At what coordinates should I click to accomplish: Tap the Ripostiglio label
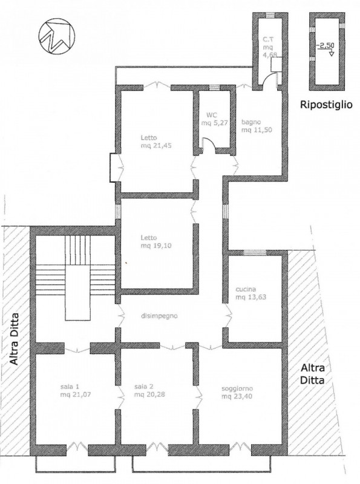[326, 105]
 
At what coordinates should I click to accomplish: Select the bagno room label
[251, 122]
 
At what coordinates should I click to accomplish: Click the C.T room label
[267, 39]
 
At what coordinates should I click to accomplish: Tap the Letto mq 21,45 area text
[156, 146]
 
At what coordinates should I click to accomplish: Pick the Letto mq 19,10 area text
[156, 246]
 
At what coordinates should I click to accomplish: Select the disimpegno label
[159, 316]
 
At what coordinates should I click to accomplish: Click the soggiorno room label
[237, 388]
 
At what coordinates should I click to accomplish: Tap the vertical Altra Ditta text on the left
[14, 339]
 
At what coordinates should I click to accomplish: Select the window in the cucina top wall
[254, 253]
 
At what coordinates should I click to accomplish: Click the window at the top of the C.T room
[269, 15]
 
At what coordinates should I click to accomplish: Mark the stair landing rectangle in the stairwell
[79, 292]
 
